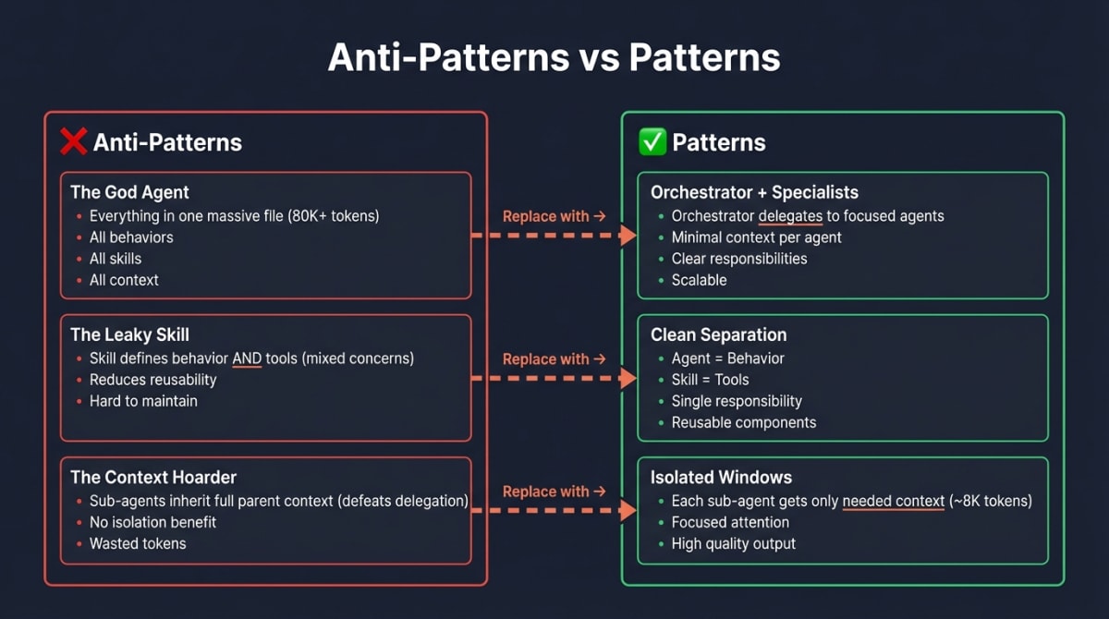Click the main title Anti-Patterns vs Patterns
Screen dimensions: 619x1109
[554, 57]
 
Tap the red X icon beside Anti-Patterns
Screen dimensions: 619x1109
[73, 141]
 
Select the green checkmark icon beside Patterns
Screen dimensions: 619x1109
[652, 142]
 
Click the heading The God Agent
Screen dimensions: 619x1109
[129, 192]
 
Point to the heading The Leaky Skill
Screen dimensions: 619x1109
[129, 334]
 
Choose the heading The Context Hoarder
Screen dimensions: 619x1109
[153, 477]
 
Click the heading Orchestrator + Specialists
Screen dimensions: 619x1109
[754, 192]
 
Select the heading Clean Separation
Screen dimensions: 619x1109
[718, 334]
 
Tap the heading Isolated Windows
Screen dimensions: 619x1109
[720, 477]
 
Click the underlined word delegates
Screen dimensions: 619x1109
[792, 216]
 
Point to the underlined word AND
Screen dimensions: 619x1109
[247, 358]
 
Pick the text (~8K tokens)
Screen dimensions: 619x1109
[990, 501]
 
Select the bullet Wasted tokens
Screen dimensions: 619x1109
[138, 543]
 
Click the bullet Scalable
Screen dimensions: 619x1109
[699, 280]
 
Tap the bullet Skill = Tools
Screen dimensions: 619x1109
[710, 380]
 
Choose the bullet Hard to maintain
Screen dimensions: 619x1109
[143, 401]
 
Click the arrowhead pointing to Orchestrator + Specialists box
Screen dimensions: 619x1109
[628, 236]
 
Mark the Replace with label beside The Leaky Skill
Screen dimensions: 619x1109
[554, 358]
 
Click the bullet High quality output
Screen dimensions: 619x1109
[733, 543]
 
